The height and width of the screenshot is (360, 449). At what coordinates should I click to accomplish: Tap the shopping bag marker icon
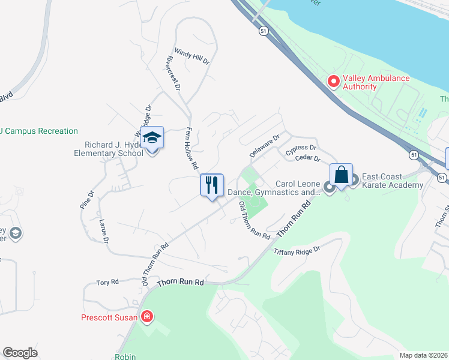(x=341, y=175)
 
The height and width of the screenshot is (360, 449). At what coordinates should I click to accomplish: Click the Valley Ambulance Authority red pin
(x=332, y=80)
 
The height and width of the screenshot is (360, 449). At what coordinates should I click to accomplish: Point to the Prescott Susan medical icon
(x=146, y=317)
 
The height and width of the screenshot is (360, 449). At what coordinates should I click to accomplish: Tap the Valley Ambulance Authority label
(x=376, y=82)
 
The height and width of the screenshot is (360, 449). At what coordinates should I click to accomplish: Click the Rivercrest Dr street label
(x=172, y=73)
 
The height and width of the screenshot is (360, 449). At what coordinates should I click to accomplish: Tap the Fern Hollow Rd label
(x=191, y=148)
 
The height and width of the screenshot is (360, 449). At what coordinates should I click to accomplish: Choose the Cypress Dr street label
(x=301, y=150)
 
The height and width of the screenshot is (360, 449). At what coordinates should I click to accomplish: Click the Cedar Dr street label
(x=309, y=158)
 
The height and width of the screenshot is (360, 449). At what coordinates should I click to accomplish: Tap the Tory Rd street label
(x=108, y=281)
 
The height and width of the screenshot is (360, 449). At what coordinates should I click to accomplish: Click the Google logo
(x=20, y=353)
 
